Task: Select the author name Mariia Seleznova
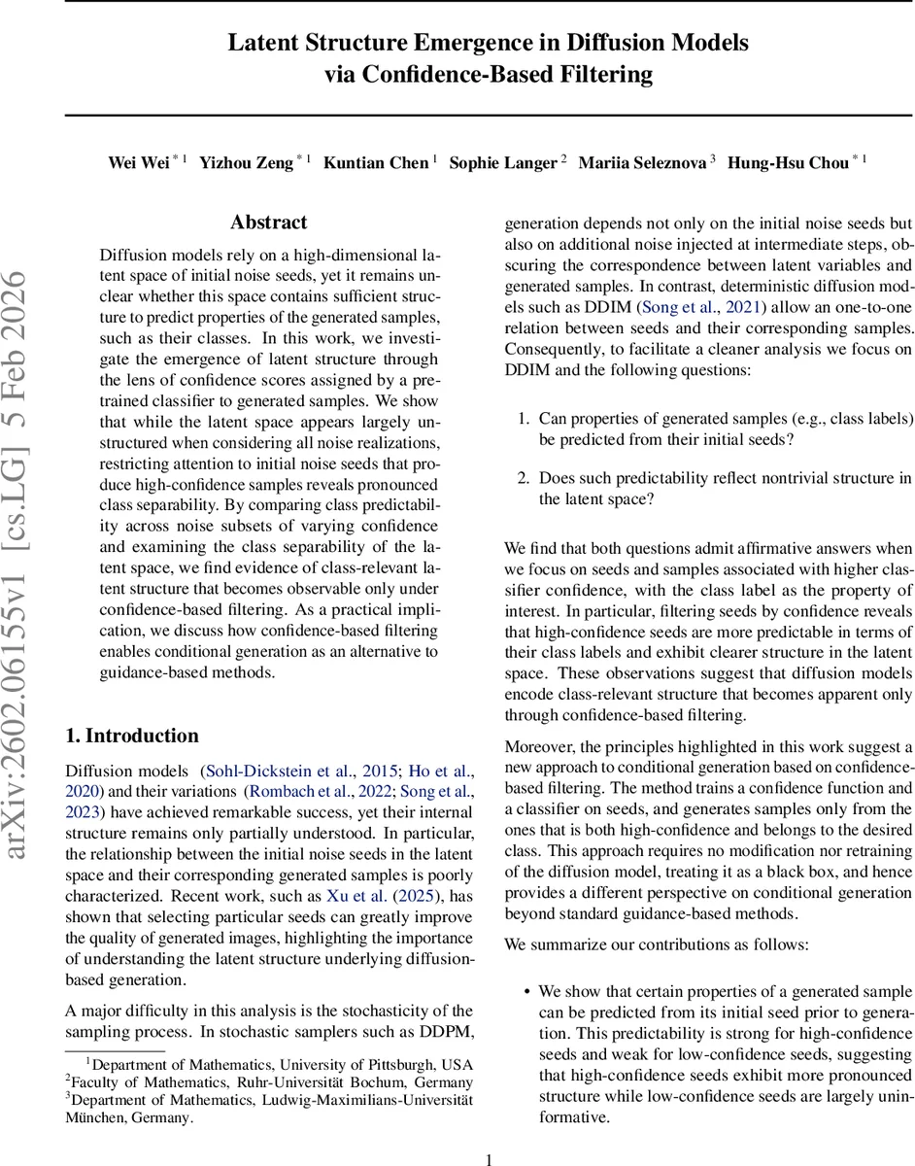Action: pyautogui.click(x=642, y=162)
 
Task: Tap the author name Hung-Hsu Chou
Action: pyautogui.click(x=788, y=162)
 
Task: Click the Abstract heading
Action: pyautogui.click(x=269, y=223)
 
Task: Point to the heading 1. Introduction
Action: pyautogui.click(x=131, y=735)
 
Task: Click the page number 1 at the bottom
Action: pyautogui.click(x=490, y=1159)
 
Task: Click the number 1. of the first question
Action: pyautogui.click(x=523, y=419)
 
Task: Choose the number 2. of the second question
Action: pyautogui.click(x=523, y=477)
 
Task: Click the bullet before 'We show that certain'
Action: pyautogui.click(x=526, y=992)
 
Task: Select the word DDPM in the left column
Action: pyautogui.click(x=450, y=1031)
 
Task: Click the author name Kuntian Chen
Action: pyautogui.click(x=377, y=162)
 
